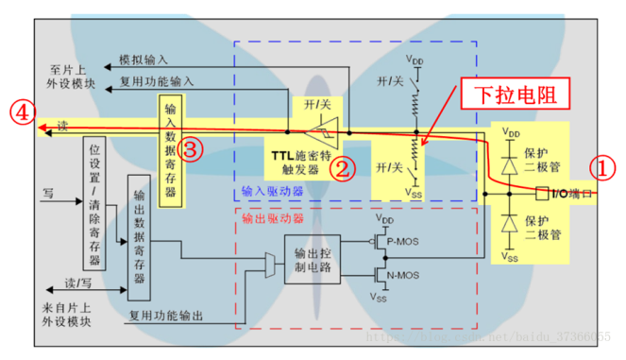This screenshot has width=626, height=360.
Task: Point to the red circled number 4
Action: pos(19,111)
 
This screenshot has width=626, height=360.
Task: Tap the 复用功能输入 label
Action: pos(153,81)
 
